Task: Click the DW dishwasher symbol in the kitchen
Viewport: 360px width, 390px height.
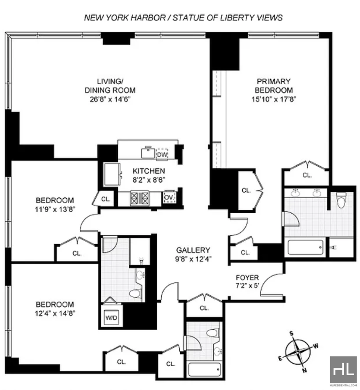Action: point(162,154)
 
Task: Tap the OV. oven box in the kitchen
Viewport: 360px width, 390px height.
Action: point(169,197)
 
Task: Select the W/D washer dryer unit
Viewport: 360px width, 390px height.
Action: point(111,318)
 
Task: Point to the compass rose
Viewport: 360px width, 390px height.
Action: point(298,352)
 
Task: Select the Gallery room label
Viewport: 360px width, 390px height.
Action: point(193,250)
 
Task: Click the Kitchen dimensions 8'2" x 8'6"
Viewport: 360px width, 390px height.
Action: point(149,180)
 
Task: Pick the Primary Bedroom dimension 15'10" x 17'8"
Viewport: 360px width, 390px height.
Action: point(274,99)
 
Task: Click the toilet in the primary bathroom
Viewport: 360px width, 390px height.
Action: point(341,200)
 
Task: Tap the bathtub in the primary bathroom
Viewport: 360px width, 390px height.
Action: point(305,247)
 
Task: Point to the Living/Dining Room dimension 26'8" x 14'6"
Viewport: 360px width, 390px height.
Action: point(110,99)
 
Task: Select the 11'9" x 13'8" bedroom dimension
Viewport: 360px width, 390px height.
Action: point(55,209)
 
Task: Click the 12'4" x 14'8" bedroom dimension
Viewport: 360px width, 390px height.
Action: point(55,313)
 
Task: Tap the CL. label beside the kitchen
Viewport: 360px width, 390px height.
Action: point(106,199)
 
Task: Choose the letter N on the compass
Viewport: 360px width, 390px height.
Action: point(304,370)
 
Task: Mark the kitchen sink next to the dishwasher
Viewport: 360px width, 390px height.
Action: point(148,152)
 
